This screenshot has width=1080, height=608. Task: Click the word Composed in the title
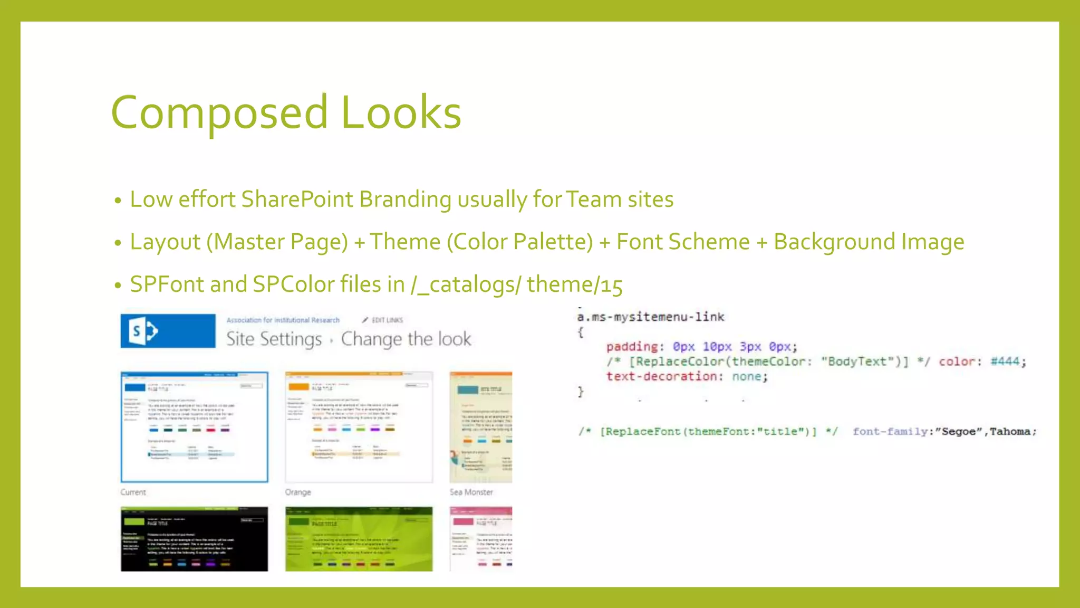tap(219, 112)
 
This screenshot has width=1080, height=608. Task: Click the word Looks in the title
tap(401, 112)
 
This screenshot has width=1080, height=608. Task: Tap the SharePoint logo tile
tap(168, 331)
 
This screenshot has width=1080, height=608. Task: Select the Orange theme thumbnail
tap(359, 426)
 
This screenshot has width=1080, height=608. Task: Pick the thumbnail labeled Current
tap(194, 426)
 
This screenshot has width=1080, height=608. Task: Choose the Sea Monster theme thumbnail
tap(480, 426)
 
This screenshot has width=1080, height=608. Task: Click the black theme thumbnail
tap(194, 538)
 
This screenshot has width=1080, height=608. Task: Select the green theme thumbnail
tap(359, 538)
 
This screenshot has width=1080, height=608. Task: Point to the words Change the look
tap(406, 339)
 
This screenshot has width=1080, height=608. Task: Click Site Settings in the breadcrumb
tap(274, 339)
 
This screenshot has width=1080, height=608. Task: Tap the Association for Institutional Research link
tap(283, 320)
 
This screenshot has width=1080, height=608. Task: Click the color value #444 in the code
tap(1005, 362)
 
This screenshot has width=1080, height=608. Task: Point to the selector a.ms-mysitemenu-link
tap(651, 317)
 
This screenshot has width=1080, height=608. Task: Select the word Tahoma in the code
tap(1010, 432)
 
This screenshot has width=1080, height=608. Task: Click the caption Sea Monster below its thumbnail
tap(471, 492)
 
